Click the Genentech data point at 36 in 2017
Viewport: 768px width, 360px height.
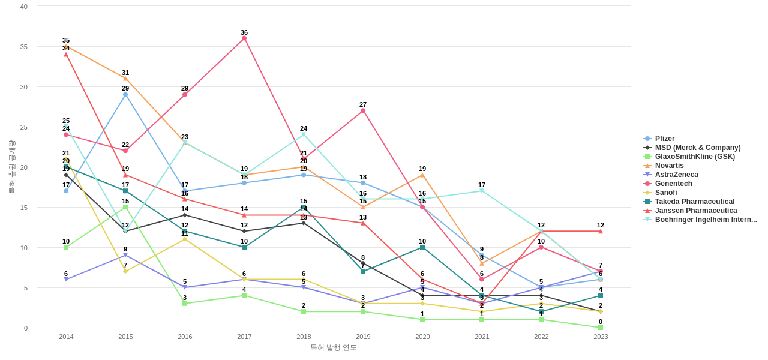click(244, 38)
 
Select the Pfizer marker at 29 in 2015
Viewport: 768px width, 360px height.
click(125, 95)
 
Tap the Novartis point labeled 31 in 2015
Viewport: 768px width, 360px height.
click(125, 79)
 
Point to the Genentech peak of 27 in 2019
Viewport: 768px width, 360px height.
click(363, 110)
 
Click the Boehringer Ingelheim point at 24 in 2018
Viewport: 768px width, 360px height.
click(304, 134)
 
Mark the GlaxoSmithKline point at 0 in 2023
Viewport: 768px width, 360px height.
click(601, 328)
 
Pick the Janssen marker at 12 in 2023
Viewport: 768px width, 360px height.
click(601, 231)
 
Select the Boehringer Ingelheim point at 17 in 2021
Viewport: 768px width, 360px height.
click(482, 191)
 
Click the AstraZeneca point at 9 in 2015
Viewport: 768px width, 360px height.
click(125, 255)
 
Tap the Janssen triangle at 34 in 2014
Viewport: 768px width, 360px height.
click(66, 55)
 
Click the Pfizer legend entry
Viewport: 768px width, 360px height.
click(664, 139)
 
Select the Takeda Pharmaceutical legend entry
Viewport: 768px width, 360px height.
click(694, 202)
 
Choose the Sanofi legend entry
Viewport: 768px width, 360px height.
click(665, 193)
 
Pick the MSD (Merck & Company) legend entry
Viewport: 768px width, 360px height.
click(697, 148)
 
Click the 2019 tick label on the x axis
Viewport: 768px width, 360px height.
click(363, 337)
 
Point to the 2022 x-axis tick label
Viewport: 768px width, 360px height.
click(541, 337)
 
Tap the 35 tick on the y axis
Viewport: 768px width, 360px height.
click(24, 47)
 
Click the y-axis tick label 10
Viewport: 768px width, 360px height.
click(24, 248)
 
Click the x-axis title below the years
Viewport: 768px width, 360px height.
click(334, 347)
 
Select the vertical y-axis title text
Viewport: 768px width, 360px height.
click(11, 167)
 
